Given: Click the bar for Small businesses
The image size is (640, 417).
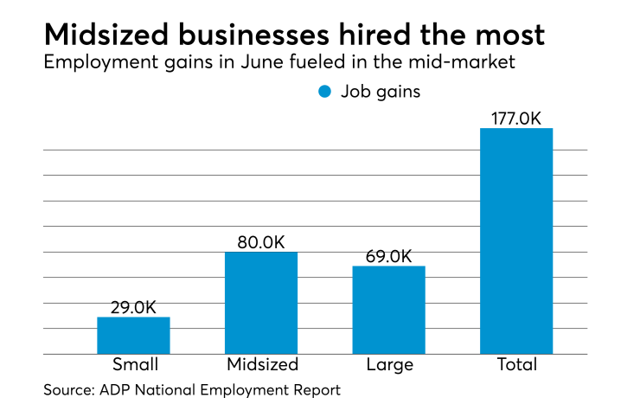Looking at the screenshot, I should pos(133,336).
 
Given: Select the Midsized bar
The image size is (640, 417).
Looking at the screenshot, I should pos(261,303).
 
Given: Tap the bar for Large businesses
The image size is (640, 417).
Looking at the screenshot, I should pos(388,310).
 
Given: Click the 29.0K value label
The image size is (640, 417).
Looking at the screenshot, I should pos(133,307).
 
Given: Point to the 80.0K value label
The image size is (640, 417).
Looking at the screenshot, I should pos(260,242).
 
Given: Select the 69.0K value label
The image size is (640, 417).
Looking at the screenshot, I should pos(388,256).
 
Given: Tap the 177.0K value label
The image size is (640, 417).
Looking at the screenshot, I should pos(516,118).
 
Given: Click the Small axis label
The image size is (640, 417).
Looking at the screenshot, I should pos(133,364).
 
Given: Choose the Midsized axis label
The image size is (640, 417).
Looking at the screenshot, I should pos(261,364).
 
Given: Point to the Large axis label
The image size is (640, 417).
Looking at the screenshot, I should pos(389,365).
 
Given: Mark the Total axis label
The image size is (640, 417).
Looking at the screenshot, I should pos(516,364).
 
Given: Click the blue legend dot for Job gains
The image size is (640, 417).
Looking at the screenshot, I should pos(325,92).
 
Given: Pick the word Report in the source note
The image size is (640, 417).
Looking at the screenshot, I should pos(316,391).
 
